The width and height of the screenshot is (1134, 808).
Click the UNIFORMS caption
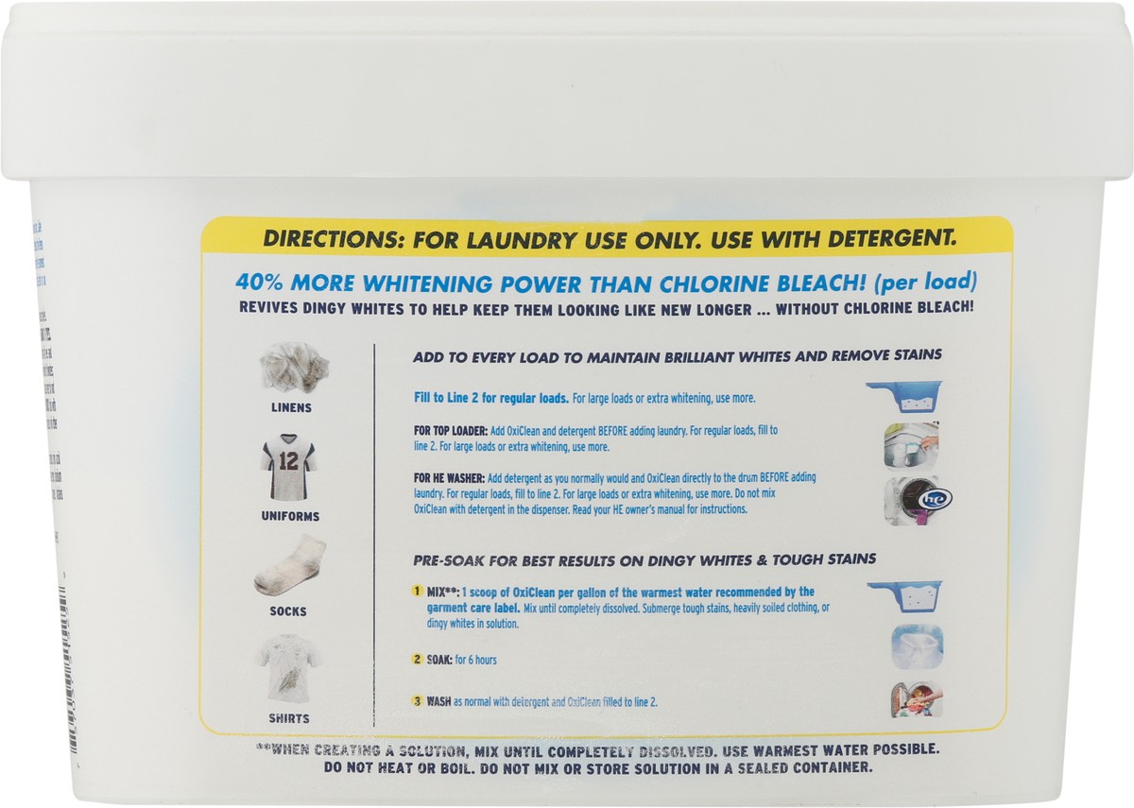coord(289,517)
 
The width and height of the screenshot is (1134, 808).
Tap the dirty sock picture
coord(289,567)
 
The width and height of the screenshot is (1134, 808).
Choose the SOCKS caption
coord(289,611)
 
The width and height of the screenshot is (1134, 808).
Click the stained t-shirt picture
coord(289,672)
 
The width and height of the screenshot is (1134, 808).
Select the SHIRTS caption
coord(289,718)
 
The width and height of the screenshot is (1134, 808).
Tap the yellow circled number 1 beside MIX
coord(416,593)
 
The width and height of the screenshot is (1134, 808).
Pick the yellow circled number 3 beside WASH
coord(416,701)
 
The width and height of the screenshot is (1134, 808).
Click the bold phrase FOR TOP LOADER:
coord(451,430)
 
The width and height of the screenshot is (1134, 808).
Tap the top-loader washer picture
coord(911,447)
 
